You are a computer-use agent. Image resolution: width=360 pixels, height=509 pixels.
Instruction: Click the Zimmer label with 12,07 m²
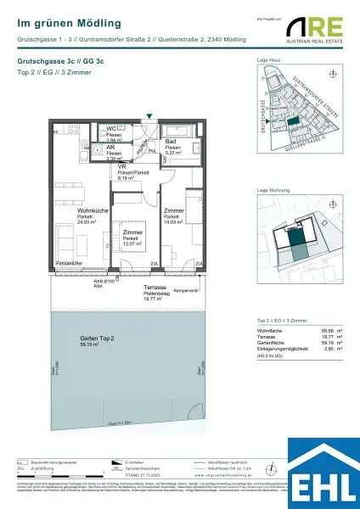pyautogui.click(x=132, y=231)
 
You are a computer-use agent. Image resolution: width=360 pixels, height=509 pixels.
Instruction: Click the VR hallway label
pyautogui.click(x=121, y=167)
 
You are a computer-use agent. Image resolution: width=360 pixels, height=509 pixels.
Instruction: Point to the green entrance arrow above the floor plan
pyautogui.click(x=150, y=115)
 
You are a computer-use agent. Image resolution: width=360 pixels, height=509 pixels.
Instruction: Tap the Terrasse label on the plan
pyautogui.click(x=154, y=288)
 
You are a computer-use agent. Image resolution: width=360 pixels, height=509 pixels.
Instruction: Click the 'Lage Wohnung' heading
pyautogui.click(x=272, y=191)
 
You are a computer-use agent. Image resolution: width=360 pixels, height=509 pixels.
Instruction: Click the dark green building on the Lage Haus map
pyautogui.click(x=294, y=122)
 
